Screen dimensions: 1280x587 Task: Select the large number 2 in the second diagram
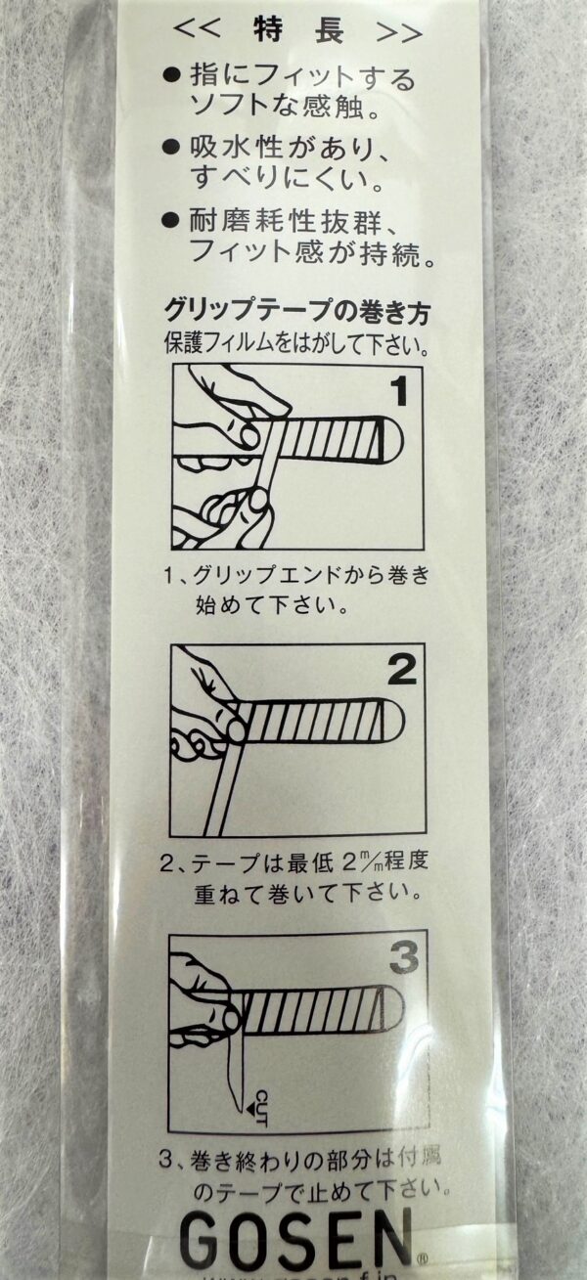[401, 671]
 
